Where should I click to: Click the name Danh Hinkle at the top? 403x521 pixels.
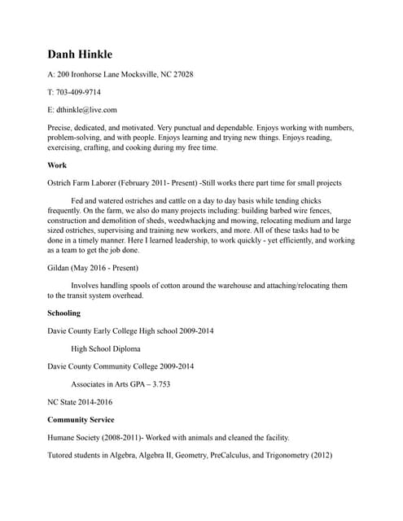click(x=85, y=54)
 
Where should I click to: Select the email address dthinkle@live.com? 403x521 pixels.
click(x=87, y=110)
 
